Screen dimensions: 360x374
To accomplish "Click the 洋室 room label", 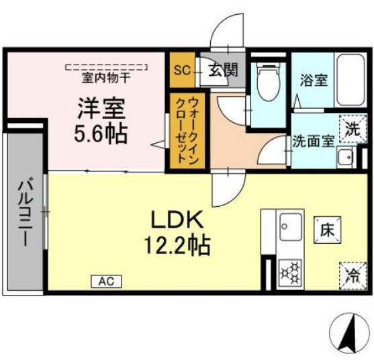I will [x=100, y=108].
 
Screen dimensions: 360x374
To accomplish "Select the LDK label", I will [x=176, y=219].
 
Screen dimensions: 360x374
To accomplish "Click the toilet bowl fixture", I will [x=269, y=83].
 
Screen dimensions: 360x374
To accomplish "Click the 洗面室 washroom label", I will [x=314, y=142].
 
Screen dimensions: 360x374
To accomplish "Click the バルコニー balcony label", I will [x=24, y=213].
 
